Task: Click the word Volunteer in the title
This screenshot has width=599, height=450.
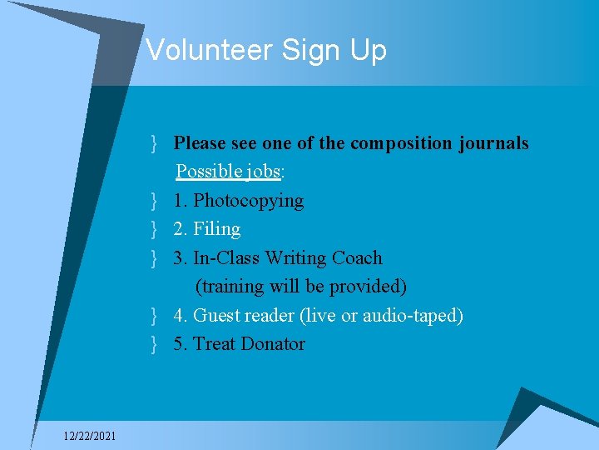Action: pyautogui.click(x=210, y=50)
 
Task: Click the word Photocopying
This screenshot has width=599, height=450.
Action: pyautogui.click(x=248, y=201)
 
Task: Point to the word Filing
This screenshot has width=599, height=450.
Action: pyautogui.click(x=216, y=229)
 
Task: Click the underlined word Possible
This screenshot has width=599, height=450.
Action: pyautogui.click(x=210, y=172)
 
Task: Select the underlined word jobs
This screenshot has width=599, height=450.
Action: pyautogui.click(x=263, y=172)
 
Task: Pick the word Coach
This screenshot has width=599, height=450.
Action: pyautogui.click(x=357, y=258)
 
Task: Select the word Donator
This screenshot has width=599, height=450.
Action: pyautogui.click(x=273, y=344)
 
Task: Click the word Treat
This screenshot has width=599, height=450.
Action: pyautogui.click(x=214, y=344)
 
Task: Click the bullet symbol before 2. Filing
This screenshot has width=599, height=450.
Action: pyautogui.click(x=156, y=229)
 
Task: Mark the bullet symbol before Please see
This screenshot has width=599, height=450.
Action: pyautogui.click(x=156, y=143)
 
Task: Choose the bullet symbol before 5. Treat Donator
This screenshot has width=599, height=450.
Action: pyautogui.click(x=156, y=344)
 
